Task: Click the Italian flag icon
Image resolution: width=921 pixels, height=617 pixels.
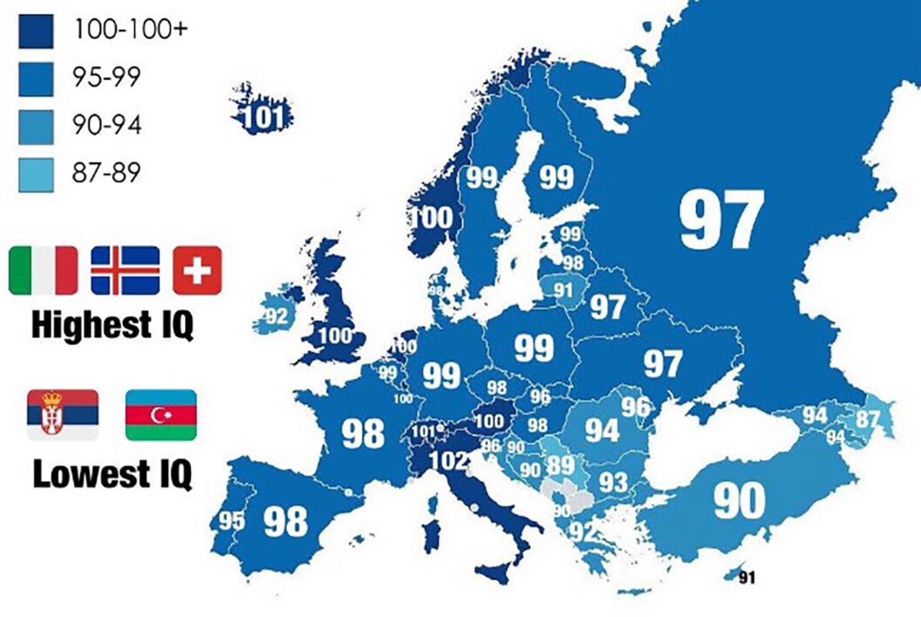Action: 43,270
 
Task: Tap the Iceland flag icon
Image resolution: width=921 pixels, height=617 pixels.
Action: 125,270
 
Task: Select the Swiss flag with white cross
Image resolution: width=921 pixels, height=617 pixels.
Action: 196,270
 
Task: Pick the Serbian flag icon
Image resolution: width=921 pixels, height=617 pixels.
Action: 62,414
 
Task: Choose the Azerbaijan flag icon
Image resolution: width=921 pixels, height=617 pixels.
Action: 160,414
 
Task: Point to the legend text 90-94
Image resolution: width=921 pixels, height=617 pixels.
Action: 107,126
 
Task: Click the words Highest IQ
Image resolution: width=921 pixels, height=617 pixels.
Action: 112,326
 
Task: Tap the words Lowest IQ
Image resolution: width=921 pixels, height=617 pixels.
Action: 112,473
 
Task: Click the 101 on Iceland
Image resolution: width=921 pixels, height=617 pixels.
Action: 264,117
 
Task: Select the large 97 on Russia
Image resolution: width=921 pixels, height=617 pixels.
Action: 721,219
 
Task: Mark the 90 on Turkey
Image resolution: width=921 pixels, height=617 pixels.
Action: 739,501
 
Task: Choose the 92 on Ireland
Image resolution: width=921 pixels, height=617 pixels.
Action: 276,316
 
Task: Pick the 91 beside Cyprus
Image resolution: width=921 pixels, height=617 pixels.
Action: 747,578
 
